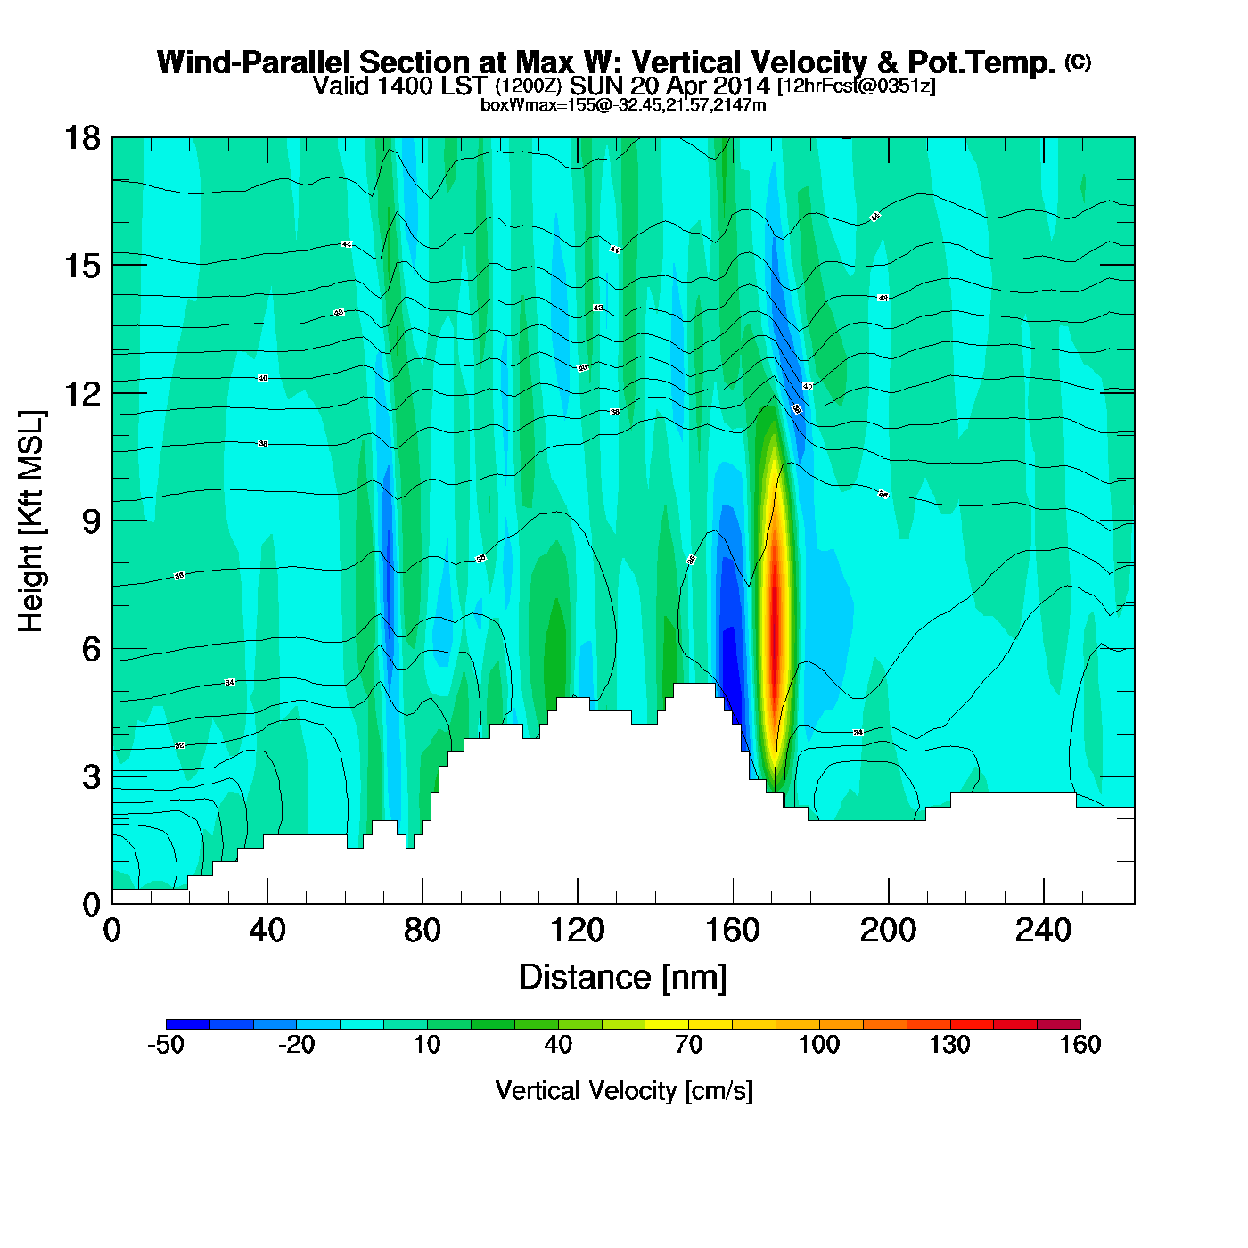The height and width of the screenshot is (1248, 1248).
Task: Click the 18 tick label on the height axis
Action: pos(81,138)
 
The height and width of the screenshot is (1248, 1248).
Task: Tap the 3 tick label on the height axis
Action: pos(91,777)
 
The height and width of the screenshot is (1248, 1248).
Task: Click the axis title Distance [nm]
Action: pos(623,978)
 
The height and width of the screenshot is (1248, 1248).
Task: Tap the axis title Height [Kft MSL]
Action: pos(31,521)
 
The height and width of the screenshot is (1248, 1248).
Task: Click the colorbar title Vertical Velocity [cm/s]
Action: pos(623,1091)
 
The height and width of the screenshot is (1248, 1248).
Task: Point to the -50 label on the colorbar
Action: pos(166,1045)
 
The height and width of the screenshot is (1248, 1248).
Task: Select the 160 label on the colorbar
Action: pos(1080,1045)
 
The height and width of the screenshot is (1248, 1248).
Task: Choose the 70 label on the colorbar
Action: pos(688,1045)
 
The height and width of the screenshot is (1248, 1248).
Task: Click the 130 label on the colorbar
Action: pos(949,1045)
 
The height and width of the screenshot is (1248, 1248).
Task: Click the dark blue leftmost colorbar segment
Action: pos(187,1024)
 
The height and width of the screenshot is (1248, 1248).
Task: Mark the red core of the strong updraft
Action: pos(776,615)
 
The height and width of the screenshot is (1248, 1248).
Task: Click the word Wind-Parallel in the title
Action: pos(254,62)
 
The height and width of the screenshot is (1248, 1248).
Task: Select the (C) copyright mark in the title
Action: pos(1077,62)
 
